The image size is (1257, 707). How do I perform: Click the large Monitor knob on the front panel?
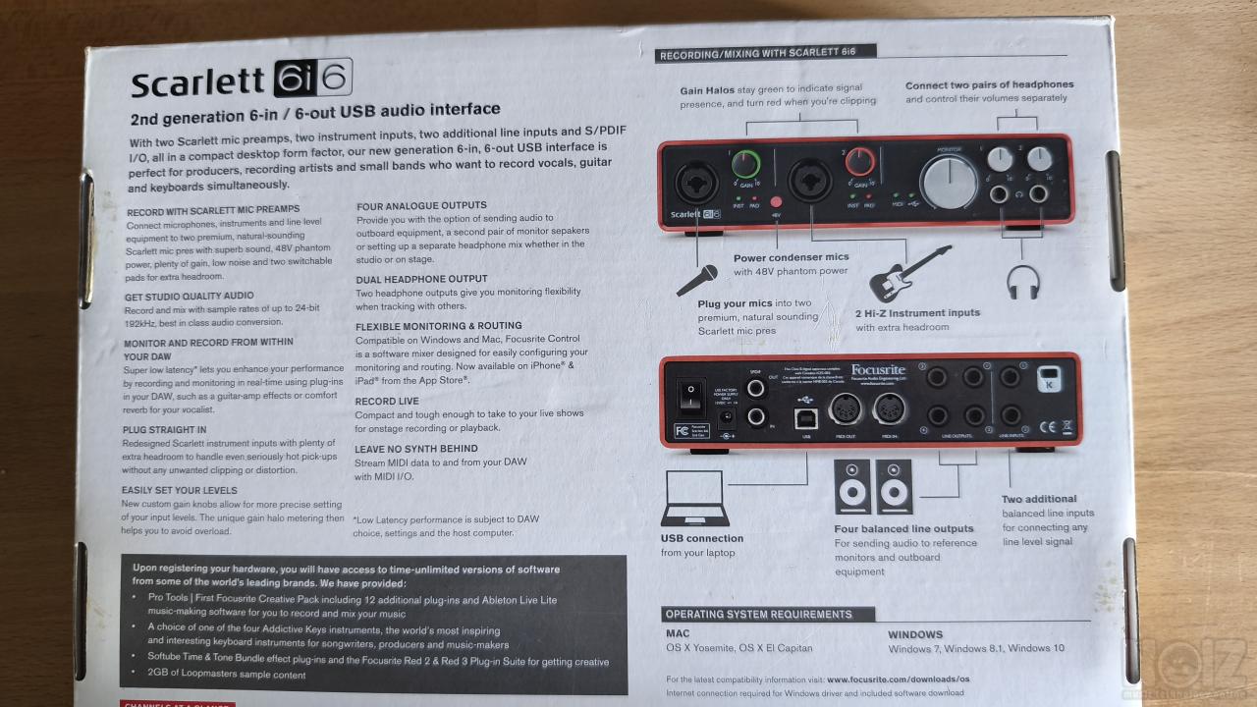948,183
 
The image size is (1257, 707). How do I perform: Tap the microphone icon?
697,280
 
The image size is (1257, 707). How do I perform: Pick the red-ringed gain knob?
861,161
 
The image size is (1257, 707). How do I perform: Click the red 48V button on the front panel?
776,202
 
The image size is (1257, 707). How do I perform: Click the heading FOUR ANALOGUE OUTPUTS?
421,205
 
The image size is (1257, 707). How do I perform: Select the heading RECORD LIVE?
387,401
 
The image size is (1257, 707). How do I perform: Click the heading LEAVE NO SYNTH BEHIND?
416,449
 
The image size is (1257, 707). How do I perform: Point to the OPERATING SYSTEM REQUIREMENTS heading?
759,615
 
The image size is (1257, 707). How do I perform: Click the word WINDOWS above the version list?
915,634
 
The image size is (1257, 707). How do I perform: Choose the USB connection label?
702,538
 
